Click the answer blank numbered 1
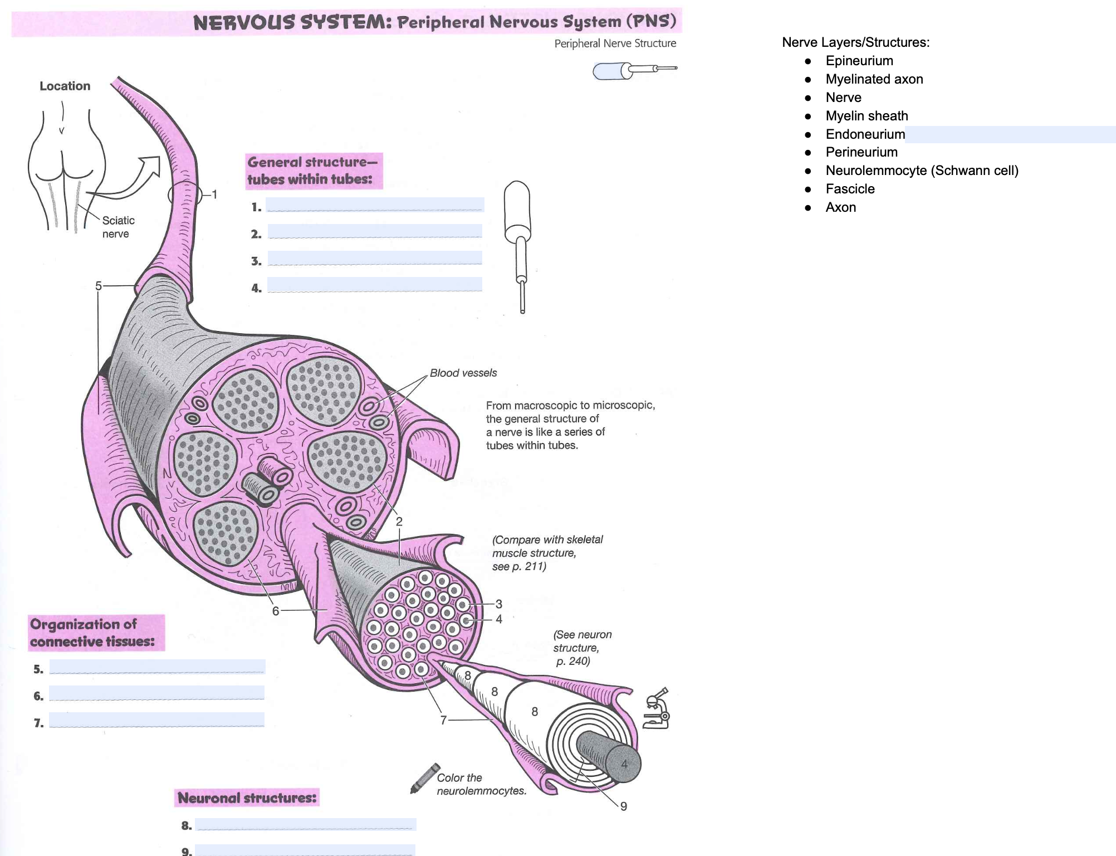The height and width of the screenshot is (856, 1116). point(375,205)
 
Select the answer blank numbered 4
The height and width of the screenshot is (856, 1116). point(375,284)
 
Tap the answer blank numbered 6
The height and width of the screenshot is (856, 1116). point(156,693)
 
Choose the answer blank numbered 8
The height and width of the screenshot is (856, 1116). point(305,824)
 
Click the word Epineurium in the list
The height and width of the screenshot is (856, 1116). point(859,61)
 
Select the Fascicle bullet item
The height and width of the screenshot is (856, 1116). point(850,189)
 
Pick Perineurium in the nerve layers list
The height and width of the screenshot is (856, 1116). point(862,152)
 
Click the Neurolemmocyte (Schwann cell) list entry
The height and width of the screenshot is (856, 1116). point(922,171)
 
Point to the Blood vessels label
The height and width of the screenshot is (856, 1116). point(463,373)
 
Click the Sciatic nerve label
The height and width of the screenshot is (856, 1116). point(118,227)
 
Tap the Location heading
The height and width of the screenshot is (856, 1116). point(65,86)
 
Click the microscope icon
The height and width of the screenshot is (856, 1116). point(657,709)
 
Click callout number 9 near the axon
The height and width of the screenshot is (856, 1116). point(624,806)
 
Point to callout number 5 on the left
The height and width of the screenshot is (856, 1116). point(99,286)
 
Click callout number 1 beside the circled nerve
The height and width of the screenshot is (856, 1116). point(214,194)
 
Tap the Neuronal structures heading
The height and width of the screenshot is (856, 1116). point(247,798)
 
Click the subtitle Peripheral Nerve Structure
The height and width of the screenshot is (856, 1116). point(615,43)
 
